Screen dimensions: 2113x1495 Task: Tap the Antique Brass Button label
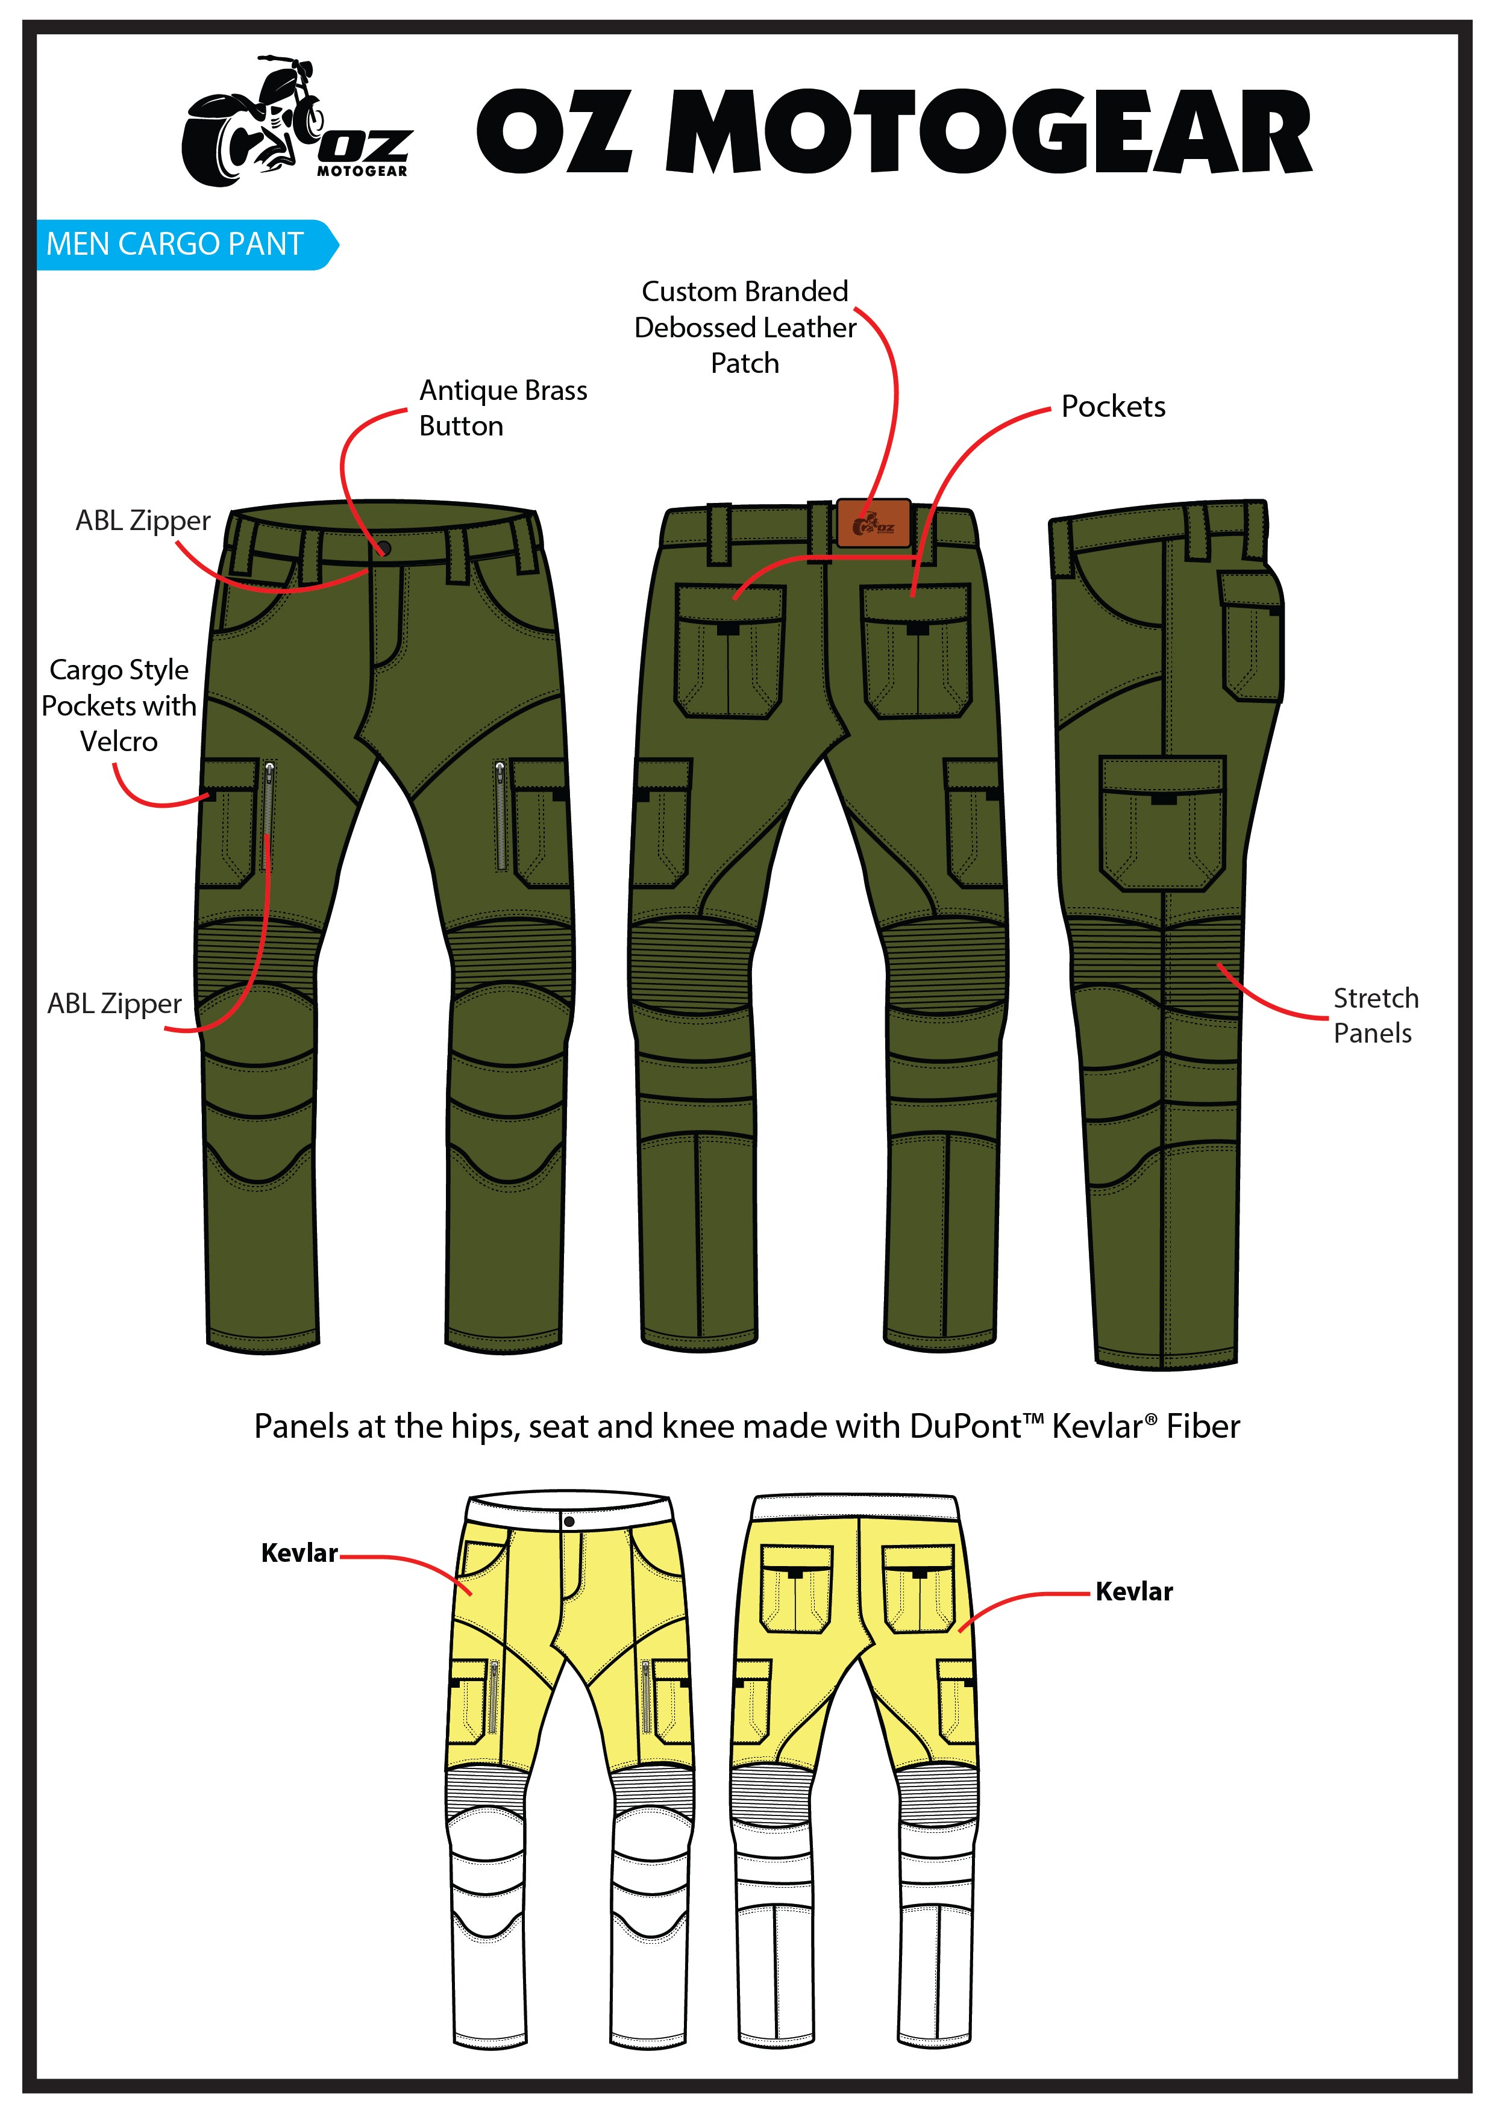pyautogui.click(x=502, y=408)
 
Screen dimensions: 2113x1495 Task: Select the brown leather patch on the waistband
pyautogui.click(x=874, y=523)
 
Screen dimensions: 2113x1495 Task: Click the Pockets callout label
pyautogui.click(x=1113, y=407)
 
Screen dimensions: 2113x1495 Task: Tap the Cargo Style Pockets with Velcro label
pyautogui.click(x=119, y=705)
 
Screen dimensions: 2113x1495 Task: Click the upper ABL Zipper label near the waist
pyautogui.click(x=143, y=521)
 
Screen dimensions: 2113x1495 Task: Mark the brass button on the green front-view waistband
pyautogui.click(x=385, y=549)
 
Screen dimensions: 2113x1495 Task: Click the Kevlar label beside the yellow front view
pyautogui.click(x=299, y=1553)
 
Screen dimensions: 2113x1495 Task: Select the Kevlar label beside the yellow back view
pyautogui.click(x=1134, y=1592)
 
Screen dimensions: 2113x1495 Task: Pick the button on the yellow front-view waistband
pyautogui.click(x=569, y=1522)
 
